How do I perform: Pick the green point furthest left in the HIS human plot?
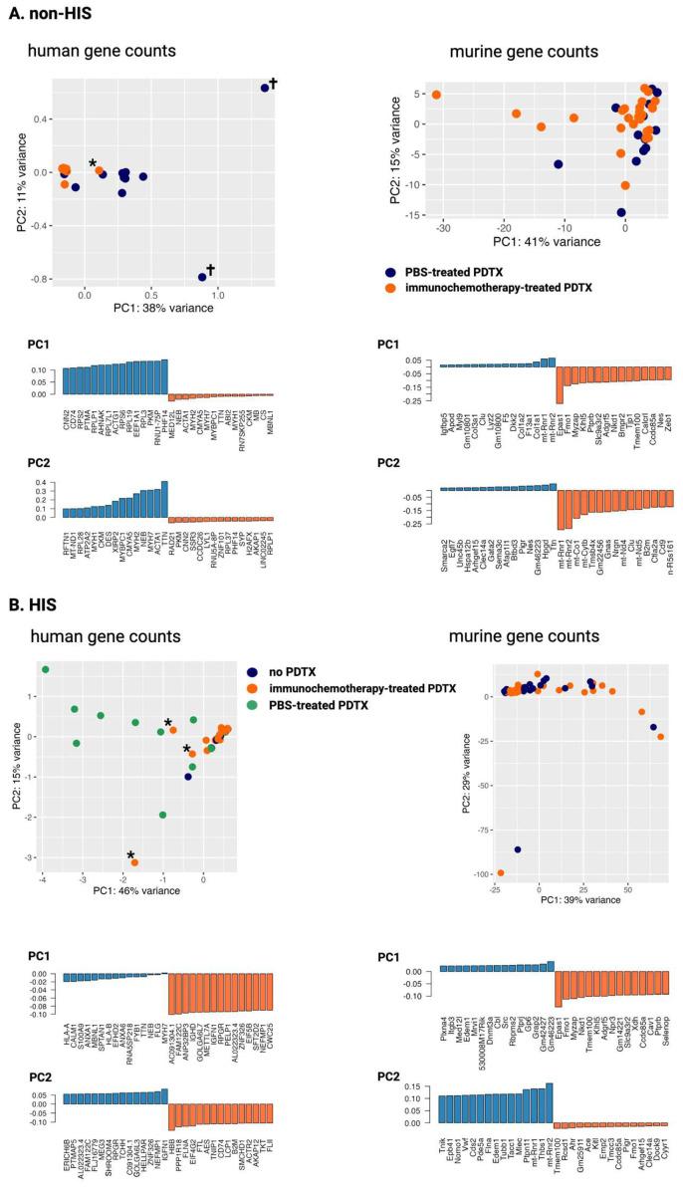pos(45,670)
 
